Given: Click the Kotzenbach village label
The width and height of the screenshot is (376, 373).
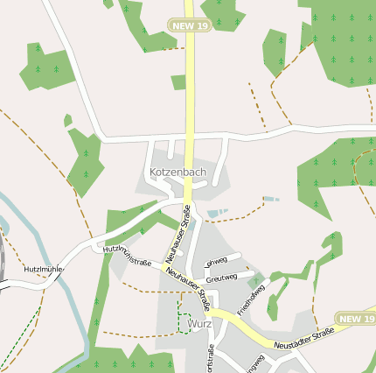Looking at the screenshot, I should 178,172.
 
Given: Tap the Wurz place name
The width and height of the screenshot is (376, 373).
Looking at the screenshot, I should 199,323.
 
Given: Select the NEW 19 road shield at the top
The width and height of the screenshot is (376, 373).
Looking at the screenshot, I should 190,26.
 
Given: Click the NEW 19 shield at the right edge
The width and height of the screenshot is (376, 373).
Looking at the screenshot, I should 356,319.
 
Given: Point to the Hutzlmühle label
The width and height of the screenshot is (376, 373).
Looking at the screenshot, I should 44,269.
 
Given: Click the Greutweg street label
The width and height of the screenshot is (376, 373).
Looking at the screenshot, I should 220,278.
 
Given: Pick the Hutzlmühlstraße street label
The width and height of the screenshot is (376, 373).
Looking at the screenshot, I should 128,256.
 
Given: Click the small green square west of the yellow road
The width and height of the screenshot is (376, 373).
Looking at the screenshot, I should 178,82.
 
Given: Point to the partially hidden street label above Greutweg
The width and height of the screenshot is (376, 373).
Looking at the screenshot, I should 215,261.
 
